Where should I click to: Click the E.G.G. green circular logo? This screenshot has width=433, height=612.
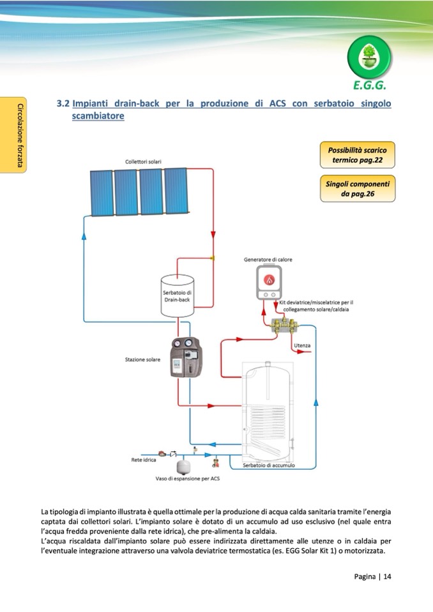369,58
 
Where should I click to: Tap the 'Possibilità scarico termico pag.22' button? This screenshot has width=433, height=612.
357,155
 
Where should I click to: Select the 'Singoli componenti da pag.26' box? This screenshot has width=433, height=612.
358,189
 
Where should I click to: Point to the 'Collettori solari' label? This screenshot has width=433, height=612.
143,161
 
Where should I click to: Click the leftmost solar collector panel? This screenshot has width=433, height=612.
102,193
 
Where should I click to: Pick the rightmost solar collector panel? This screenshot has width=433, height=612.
176,191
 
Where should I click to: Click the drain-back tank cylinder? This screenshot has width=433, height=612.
178,295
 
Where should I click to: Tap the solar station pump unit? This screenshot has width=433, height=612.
186,357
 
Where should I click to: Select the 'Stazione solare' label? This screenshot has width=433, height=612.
142,359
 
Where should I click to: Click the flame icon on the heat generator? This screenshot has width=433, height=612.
269,280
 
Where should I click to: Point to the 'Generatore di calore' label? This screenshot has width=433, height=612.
268,260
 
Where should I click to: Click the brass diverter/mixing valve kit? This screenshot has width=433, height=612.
284,325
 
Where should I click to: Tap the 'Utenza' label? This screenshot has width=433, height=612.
302,345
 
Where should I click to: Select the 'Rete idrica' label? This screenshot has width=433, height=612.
143,459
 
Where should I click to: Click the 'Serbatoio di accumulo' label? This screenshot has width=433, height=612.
269,465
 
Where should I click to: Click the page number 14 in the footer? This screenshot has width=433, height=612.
387,576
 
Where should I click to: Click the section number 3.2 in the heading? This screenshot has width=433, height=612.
63,103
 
